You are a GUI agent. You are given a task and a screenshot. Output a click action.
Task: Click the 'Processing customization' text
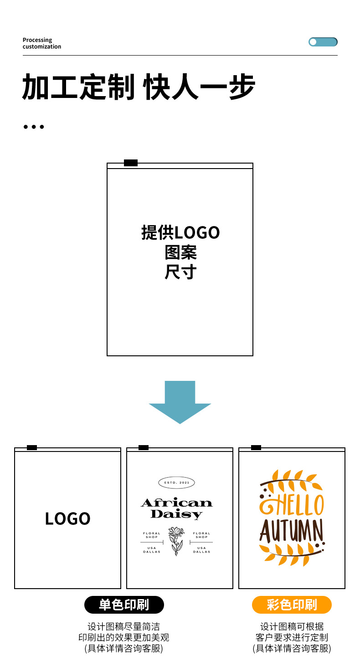[x=41, y=43]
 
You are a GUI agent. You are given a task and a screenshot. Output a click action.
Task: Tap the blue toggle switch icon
[x=323, y=42]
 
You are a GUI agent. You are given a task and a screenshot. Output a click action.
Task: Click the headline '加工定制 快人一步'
[x=139, y=87]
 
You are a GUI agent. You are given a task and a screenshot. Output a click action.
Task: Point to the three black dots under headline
[x=34, y=127]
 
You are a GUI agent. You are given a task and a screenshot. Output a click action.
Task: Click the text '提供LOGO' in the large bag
[x=180, y=232]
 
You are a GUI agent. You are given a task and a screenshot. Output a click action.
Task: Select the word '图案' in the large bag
[x=180, y=252]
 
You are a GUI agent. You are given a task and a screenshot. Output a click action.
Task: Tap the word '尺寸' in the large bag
[x=180, y=272]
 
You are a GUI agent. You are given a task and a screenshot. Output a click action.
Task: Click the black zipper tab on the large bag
[x=131, y=163]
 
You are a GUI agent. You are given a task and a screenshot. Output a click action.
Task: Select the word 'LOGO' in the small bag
[x=68, y=518]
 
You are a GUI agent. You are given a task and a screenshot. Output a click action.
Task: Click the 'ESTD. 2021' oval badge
[x=176, y=482]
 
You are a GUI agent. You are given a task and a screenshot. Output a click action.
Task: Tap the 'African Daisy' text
[x=176, y=508]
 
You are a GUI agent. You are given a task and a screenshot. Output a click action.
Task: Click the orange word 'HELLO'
[x=292, y=504]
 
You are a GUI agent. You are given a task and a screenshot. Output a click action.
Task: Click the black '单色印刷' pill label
[x=124, y=605]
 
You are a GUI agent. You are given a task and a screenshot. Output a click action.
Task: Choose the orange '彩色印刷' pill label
[x=292, y=605]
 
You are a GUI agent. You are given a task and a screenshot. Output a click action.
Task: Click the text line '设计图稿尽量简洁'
[x=123, y=627]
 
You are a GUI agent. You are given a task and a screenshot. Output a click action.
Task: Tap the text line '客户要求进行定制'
[x=292, y=637]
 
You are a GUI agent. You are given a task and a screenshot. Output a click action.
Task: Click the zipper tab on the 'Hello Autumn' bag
[x=256, y=447]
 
